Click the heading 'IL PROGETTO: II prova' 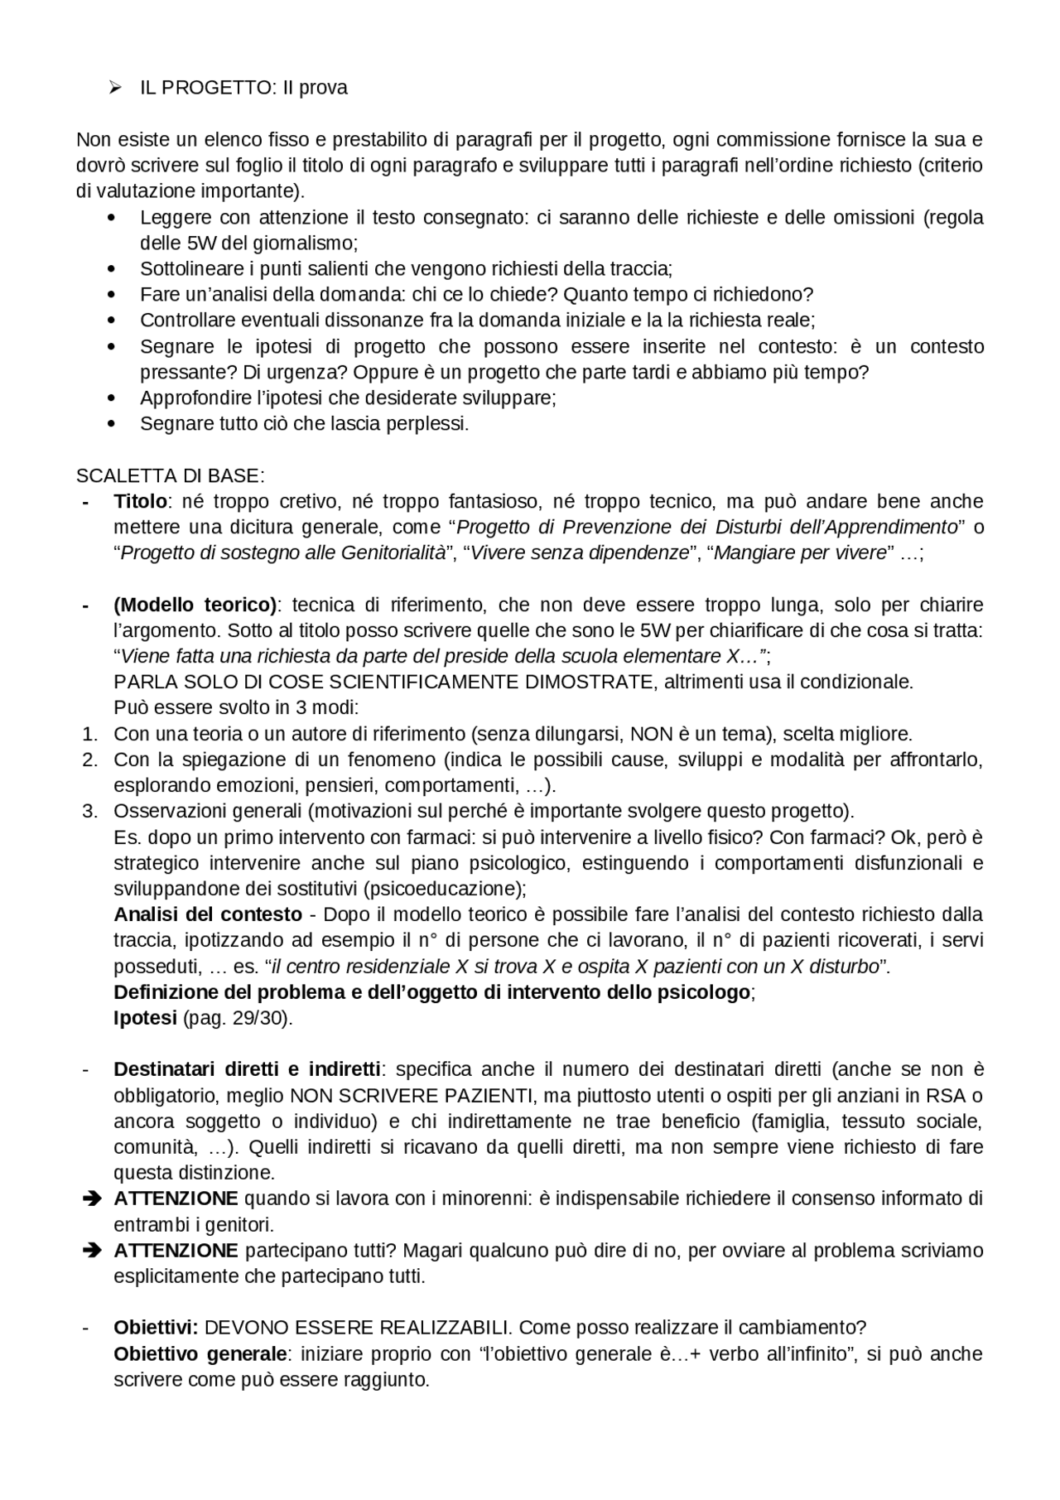[x=243, y=88]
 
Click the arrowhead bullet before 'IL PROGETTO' [x=115, y=88]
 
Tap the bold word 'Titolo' [x=140, y=502]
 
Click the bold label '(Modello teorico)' [x=195, y=605]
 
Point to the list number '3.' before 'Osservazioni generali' [x=89, y=811]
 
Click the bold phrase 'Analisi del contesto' [x=208, y=914]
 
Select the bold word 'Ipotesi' [x=145, y=1018]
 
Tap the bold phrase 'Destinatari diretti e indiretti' [x=247, y=1069]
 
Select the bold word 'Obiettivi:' [x=156, y=1328]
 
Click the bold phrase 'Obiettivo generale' [x=200, y=1354]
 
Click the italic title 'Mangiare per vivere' [x=800, y=553]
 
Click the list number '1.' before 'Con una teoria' [x=89, y=734]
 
